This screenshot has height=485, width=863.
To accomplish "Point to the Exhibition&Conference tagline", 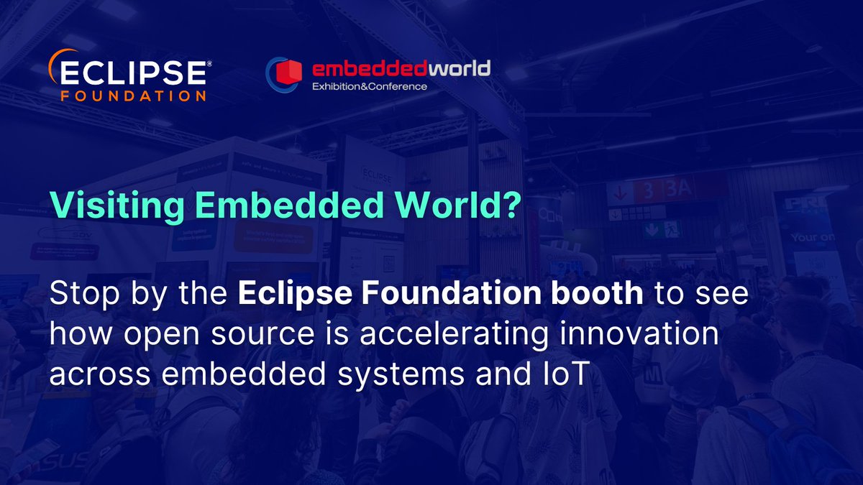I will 369,87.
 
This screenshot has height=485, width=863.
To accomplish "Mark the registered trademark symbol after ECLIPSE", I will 209,63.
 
